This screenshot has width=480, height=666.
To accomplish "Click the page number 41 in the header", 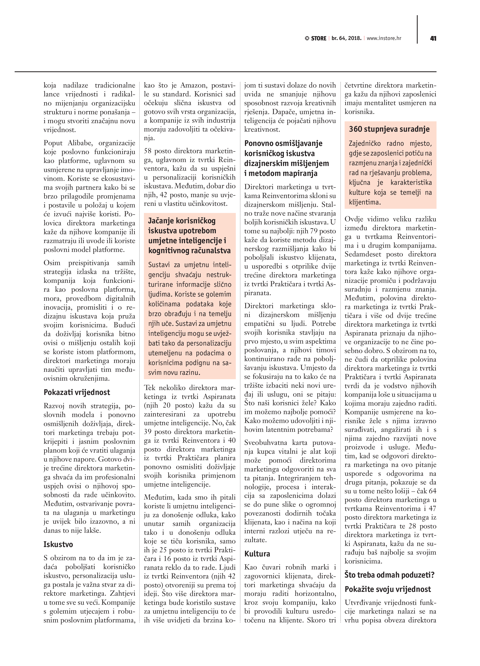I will pyautogui.click(x=433, y=39).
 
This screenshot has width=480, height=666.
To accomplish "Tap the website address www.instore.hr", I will pyautogui.click(x=384, y=38).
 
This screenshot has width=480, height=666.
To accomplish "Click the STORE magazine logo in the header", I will pyautogui.click(x=316, y=39).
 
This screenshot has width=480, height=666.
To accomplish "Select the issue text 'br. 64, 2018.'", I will pyautogui.click(x=346, y=38).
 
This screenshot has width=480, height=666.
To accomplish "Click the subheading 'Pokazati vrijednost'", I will pyautogui.click(x=77, y=392).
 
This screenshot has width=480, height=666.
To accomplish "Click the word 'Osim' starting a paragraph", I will pyautogui.click(x=52, y=263).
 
